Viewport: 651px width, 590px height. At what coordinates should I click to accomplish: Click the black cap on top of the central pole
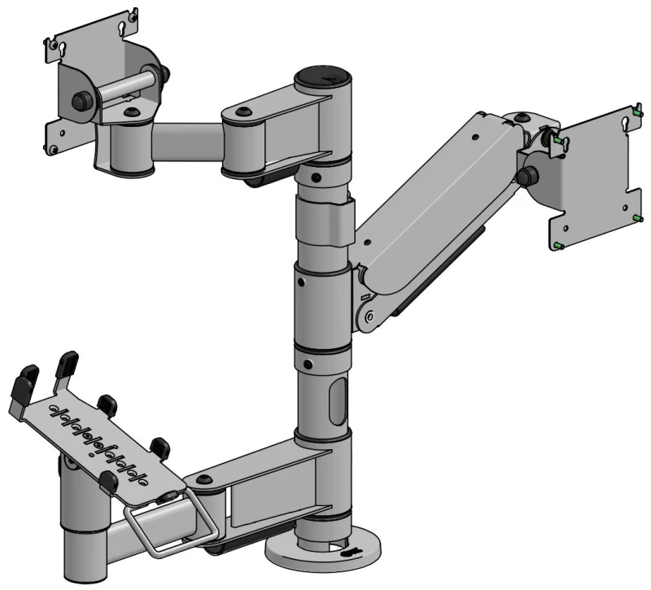(323, 77)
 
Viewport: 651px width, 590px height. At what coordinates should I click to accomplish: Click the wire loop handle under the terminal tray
(172, 522)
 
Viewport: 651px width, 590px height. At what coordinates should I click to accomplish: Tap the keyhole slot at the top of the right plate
(625, 124)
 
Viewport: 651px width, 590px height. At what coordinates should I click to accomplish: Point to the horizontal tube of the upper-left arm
(188, 142)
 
